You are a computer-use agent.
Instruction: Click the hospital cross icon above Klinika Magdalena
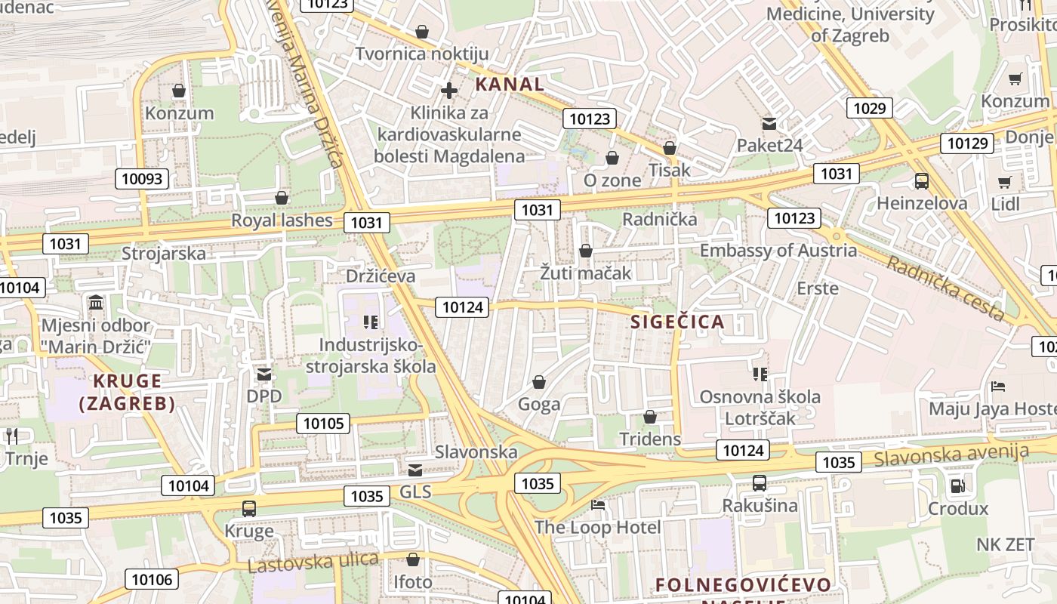(x=449, y=91)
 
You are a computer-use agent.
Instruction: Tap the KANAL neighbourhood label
(x=510, y=85)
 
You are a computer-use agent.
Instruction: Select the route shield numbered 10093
(x=142, y=179)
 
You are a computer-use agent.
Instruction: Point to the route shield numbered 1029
(x=869, y=108)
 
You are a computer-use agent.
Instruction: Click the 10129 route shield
(x=966, y=143)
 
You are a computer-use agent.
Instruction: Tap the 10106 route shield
(x=152, y=580)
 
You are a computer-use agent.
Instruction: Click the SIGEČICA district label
(x=677, y=322)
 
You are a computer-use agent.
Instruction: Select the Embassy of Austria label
(x=778, y=251)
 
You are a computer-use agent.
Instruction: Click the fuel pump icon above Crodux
(x=957, y=486)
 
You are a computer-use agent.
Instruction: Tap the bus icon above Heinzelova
(x=921, y=181)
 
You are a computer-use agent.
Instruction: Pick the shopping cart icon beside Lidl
(x=1005, y=182)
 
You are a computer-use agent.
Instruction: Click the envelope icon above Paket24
(x=769, y=123)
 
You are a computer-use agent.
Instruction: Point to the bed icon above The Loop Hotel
(x=598, y=504)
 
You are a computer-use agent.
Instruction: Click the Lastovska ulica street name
(x=313, y=562)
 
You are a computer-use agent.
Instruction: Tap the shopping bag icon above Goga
(x=539, y=382)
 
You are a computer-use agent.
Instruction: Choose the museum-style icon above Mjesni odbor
(x=96, y=304)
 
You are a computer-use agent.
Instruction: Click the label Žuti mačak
(x=585, y=273)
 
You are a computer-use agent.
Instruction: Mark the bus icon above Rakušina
(x=760, y=483)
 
